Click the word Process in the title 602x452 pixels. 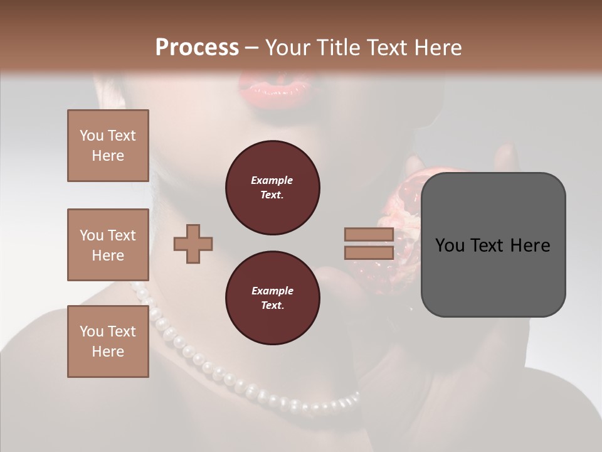[197, 48]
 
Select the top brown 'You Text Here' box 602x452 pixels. [108, 146]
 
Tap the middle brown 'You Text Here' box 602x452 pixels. [108, 245]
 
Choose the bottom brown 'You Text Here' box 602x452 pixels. [108, 342]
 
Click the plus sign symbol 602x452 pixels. [193, 244]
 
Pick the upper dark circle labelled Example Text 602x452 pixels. [272, 188]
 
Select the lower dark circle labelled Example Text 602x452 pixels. [272, 298]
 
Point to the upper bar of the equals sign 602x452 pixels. [369, 235]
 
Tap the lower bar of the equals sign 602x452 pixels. [369, 252]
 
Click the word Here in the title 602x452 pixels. [438, 48]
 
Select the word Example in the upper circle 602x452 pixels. [272, 180]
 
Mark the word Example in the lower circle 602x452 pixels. [272, 291]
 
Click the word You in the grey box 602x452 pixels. [449, 245]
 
